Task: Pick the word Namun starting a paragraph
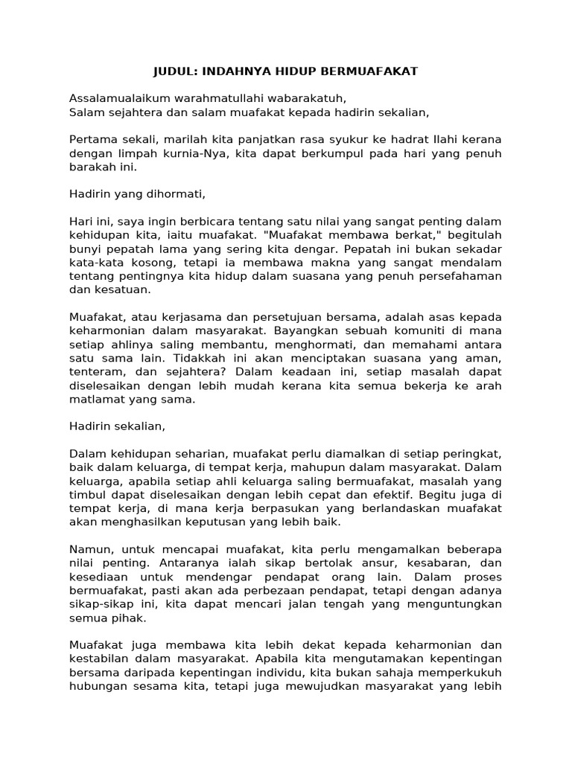pyautogui.click(x=90, y=549)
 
